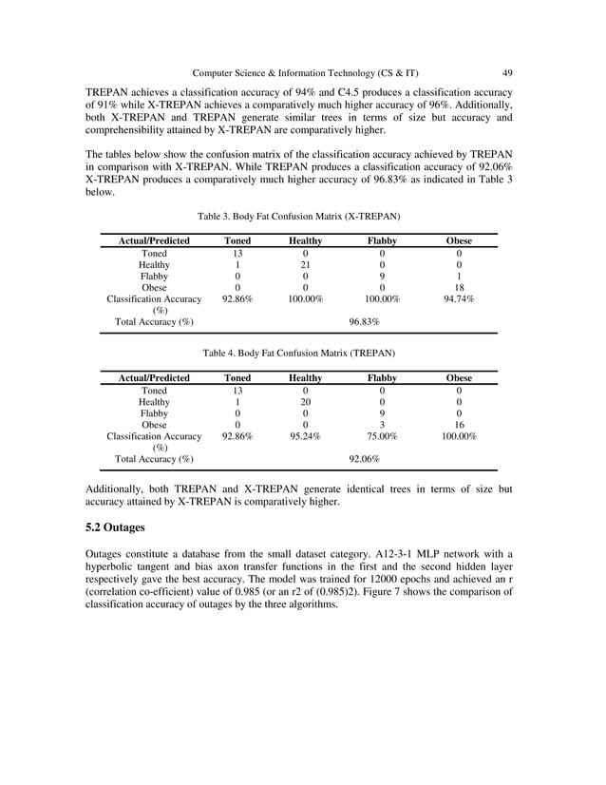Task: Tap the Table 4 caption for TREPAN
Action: tap(299, 353)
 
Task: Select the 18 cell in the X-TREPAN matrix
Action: tap(459, 287)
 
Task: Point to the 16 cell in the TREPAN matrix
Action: tap(459, 425)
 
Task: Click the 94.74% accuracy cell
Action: tap(459, 299)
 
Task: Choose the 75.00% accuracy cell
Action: tap(382, 436)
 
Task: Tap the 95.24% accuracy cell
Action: tap(305, 436)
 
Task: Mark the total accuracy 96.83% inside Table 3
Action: tap(364, 322)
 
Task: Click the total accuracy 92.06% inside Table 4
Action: tap(364, 459)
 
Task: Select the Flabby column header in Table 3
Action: tap(382, 241)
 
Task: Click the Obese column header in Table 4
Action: tap(459, 378)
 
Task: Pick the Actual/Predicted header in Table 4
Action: tap(154, 378)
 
